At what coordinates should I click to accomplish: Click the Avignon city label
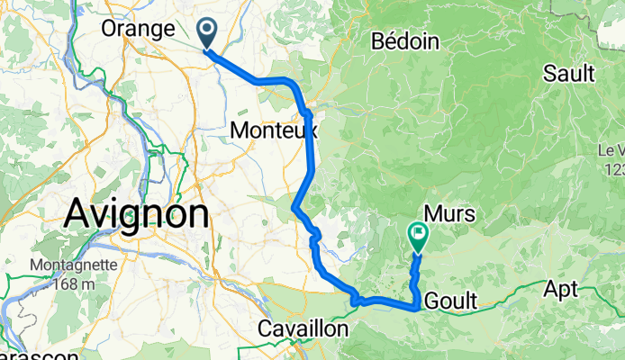(137, 214)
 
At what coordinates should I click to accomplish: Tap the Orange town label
(138, 29)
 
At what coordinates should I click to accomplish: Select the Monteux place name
(272, 130)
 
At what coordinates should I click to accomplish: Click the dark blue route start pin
(206, 35)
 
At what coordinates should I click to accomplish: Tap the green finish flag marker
(419, 237)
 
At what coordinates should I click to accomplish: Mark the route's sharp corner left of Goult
(414, 308)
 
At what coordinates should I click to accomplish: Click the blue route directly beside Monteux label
(312, 131)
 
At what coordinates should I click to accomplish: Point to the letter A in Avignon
(77, 215)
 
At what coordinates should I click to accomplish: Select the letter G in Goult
(425, 301)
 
